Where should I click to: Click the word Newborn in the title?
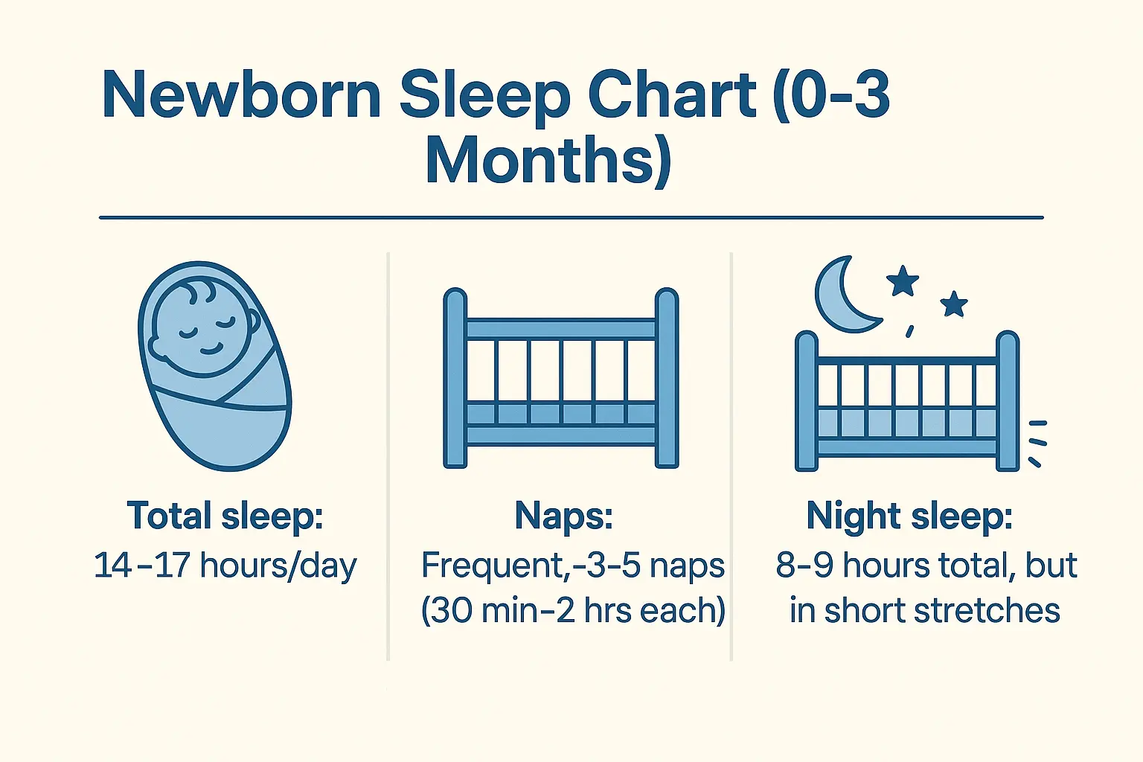tap(241, 95)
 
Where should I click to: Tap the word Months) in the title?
tap(548, 161)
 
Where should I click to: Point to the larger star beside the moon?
tap(903, 281)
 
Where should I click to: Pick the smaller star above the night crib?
tap(953, 304)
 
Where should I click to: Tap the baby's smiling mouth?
tap(211, 348)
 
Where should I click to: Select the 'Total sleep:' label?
tap(225, 516)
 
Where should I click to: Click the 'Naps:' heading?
tap(563, 516)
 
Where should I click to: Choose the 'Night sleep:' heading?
tap(909, 516)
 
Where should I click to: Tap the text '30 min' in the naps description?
tap(484, 611)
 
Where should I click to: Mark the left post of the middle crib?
tap(455, 378)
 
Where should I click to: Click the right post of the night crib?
tap(1008, 401)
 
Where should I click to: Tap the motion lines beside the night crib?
tap(1037, 442)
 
